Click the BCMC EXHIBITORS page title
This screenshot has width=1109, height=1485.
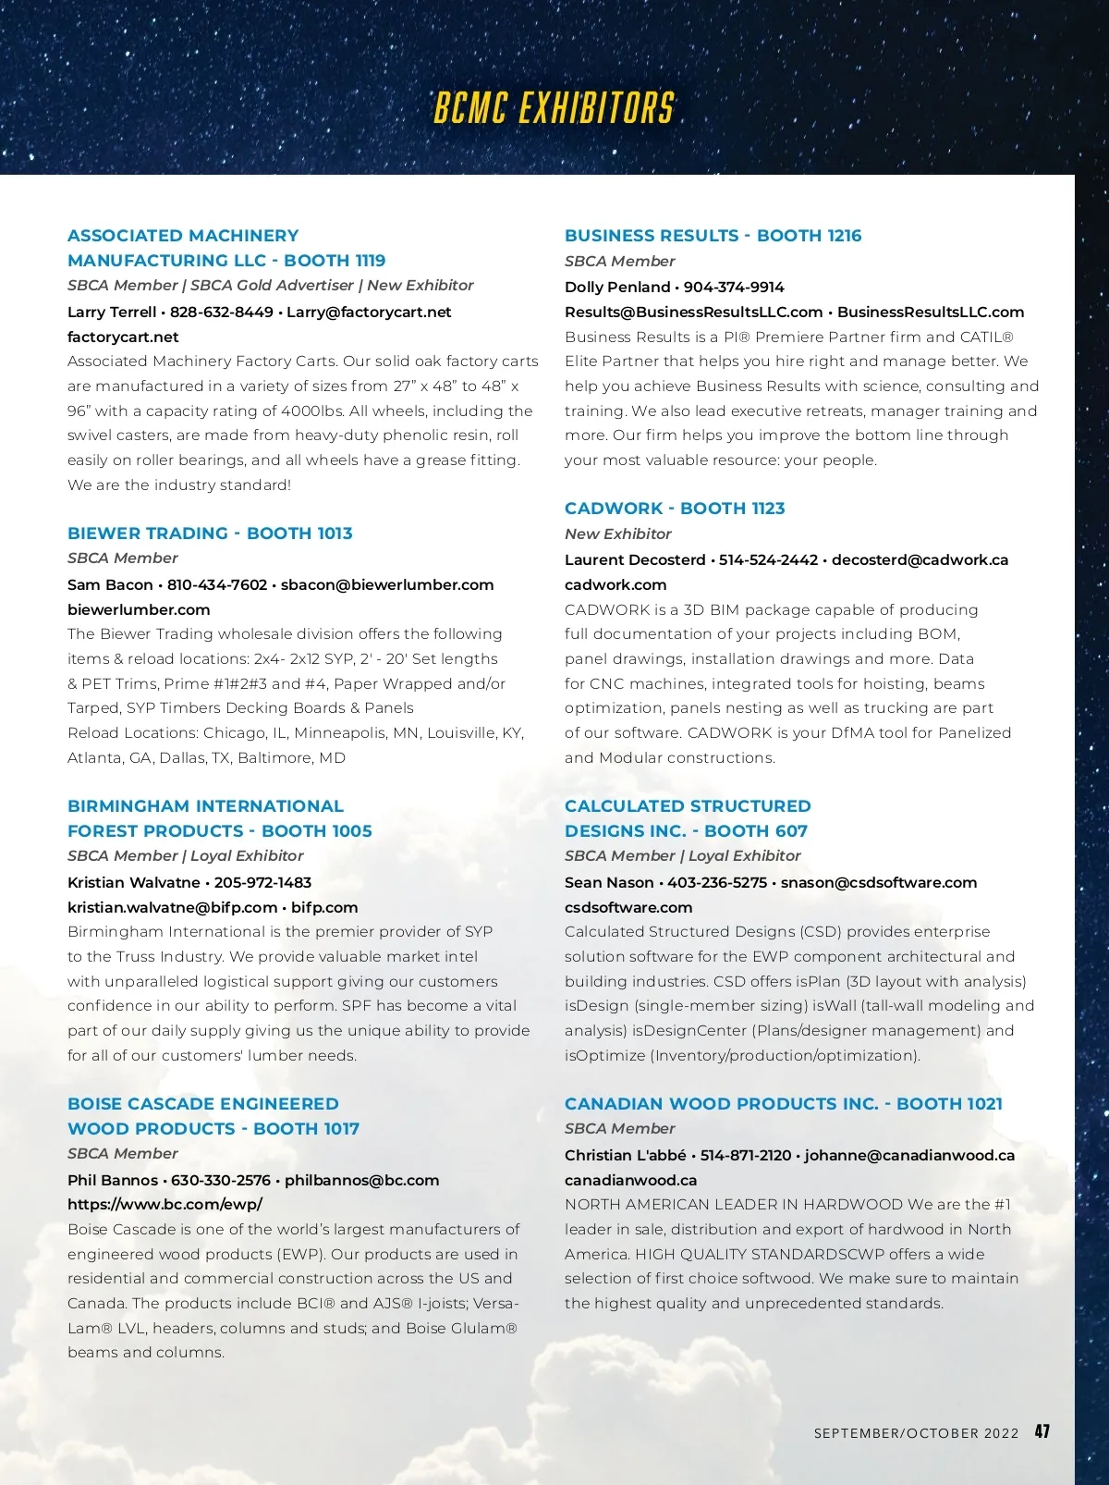pos(554,108)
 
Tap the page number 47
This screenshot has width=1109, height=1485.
pos(1042,1431)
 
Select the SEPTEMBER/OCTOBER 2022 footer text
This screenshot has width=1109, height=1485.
pos(916,1433)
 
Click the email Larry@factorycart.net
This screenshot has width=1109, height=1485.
pos(369,312)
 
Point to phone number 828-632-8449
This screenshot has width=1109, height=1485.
pos(221,312)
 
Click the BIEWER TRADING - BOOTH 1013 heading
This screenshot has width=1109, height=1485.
pos(210,533)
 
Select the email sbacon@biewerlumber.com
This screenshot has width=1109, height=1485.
pos(387,584)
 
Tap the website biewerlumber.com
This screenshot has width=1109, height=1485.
pos(139,609)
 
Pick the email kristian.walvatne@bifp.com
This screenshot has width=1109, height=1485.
pos(172,907)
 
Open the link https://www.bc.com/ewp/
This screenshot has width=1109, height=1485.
pos(165,1204)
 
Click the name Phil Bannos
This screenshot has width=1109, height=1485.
pos(113,1180)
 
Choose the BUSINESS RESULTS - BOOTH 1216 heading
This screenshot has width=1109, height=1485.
pos(713,235)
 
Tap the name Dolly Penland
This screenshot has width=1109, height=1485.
pos(617,287)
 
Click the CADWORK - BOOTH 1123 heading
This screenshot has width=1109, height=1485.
pos(675,508)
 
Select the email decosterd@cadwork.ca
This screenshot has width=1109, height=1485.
pos(920,559)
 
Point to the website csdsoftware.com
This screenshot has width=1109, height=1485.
pos(628,907)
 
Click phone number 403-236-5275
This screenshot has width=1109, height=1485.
pos(717,882)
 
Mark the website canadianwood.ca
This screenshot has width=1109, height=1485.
pos(631,1180)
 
